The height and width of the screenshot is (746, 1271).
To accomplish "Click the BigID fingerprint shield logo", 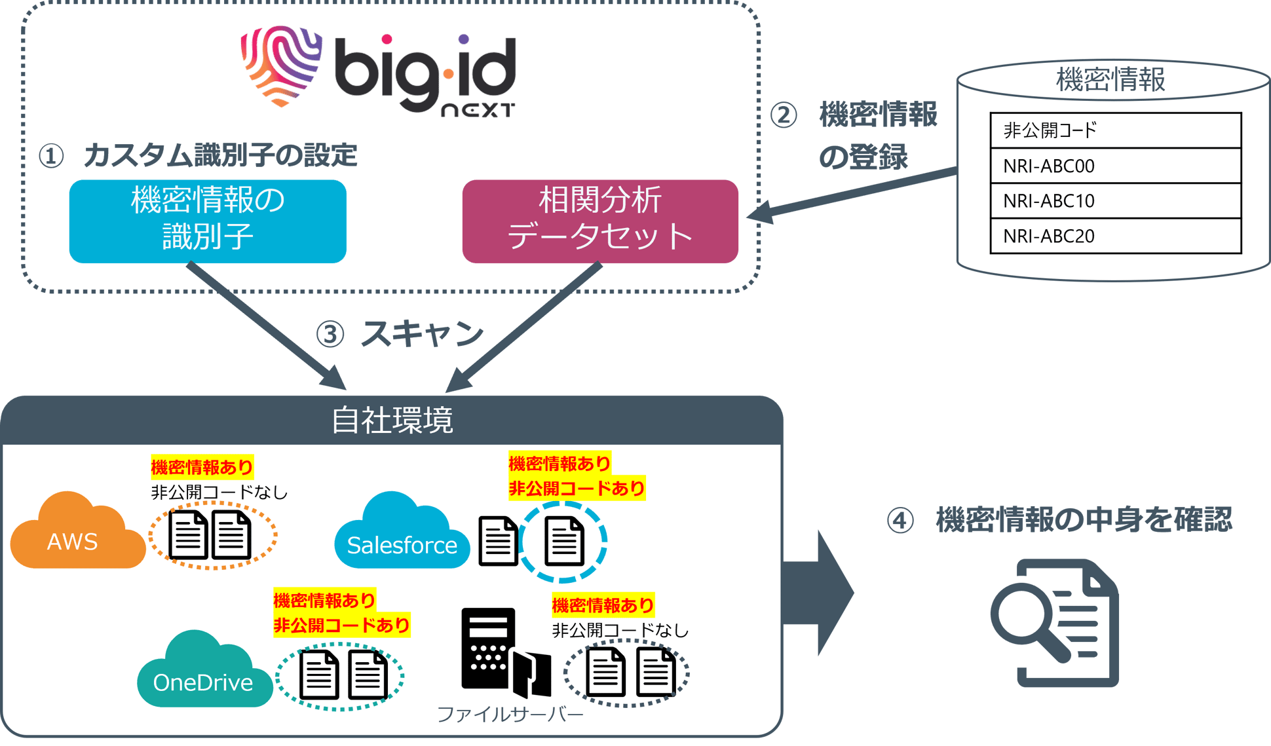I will click(280, 65).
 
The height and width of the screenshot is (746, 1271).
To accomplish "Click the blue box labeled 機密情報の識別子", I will click(208, 221).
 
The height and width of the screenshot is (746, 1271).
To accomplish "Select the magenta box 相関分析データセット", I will click(600, 221).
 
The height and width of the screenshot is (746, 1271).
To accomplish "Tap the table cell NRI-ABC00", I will click(1115, 166).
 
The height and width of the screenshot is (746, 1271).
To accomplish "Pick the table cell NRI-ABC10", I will click(1115, 200).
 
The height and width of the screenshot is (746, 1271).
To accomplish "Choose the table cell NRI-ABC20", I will click(1115, 236).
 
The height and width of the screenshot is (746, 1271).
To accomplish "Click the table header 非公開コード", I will click(1115, 130).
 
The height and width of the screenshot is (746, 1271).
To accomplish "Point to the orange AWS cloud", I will click(75, 534).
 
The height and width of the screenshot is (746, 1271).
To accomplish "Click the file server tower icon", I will click(488, 648).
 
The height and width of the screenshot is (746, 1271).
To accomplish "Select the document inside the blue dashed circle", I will click(564, 541).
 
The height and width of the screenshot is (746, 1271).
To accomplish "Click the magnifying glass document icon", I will click(1055, 622).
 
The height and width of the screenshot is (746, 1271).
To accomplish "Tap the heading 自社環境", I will click(392, 420).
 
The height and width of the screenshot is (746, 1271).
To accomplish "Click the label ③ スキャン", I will click(400, 333).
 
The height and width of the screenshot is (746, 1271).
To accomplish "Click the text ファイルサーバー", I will click(510, 714).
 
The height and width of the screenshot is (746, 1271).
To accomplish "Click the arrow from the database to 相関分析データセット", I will click(852, 193).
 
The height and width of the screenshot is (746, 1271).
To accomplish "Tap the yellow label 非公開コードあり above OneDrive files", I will click(341, 625).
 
